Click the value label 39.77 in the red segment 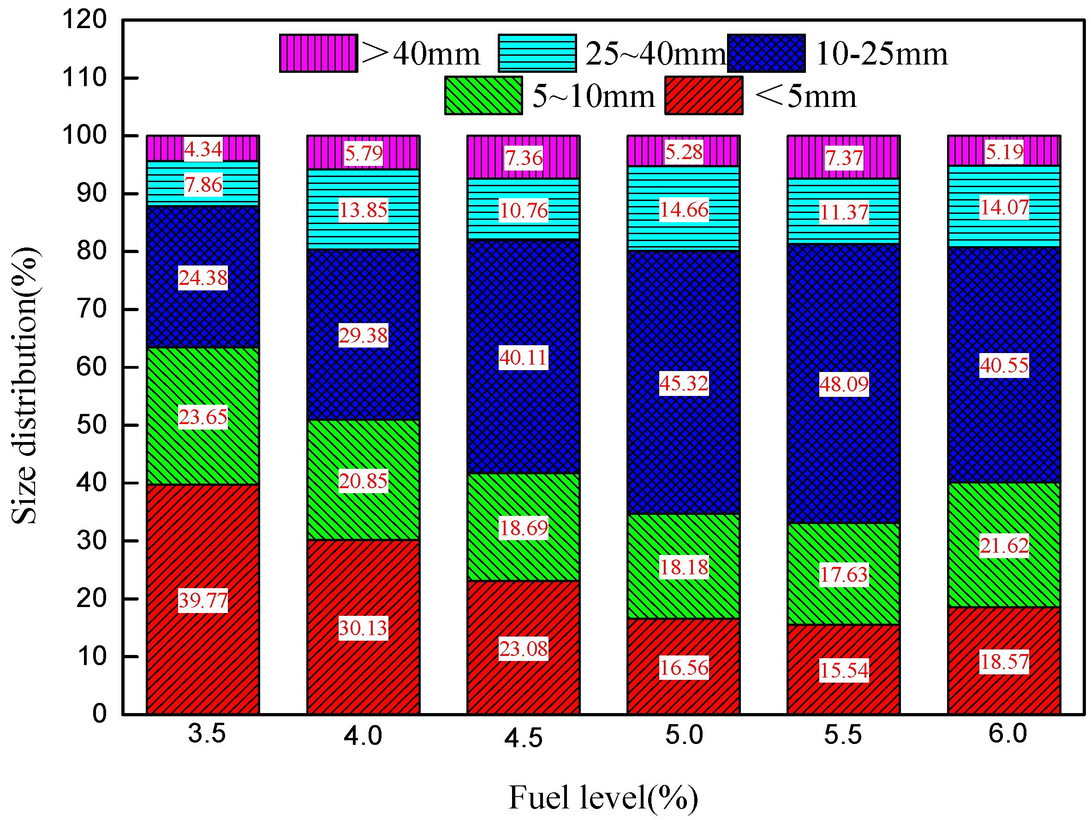203,600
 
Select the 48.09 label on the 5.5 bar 843,384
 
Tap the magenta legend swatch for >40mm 318,53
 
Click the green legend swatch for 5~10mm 483,95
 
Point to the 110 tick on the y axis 84,78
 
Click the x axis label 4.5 523,737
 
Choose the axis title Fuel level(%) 603,797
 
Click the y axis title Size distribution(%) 24,385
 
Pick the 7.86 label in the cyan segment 203,185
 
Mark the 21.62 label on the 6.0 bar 1004,546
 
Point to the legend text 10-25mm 882,53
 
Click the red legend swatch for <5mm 703,95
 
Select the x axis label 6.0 1008,734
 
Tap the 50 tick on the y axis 91,425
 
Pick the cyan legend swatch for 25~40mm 537,53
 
